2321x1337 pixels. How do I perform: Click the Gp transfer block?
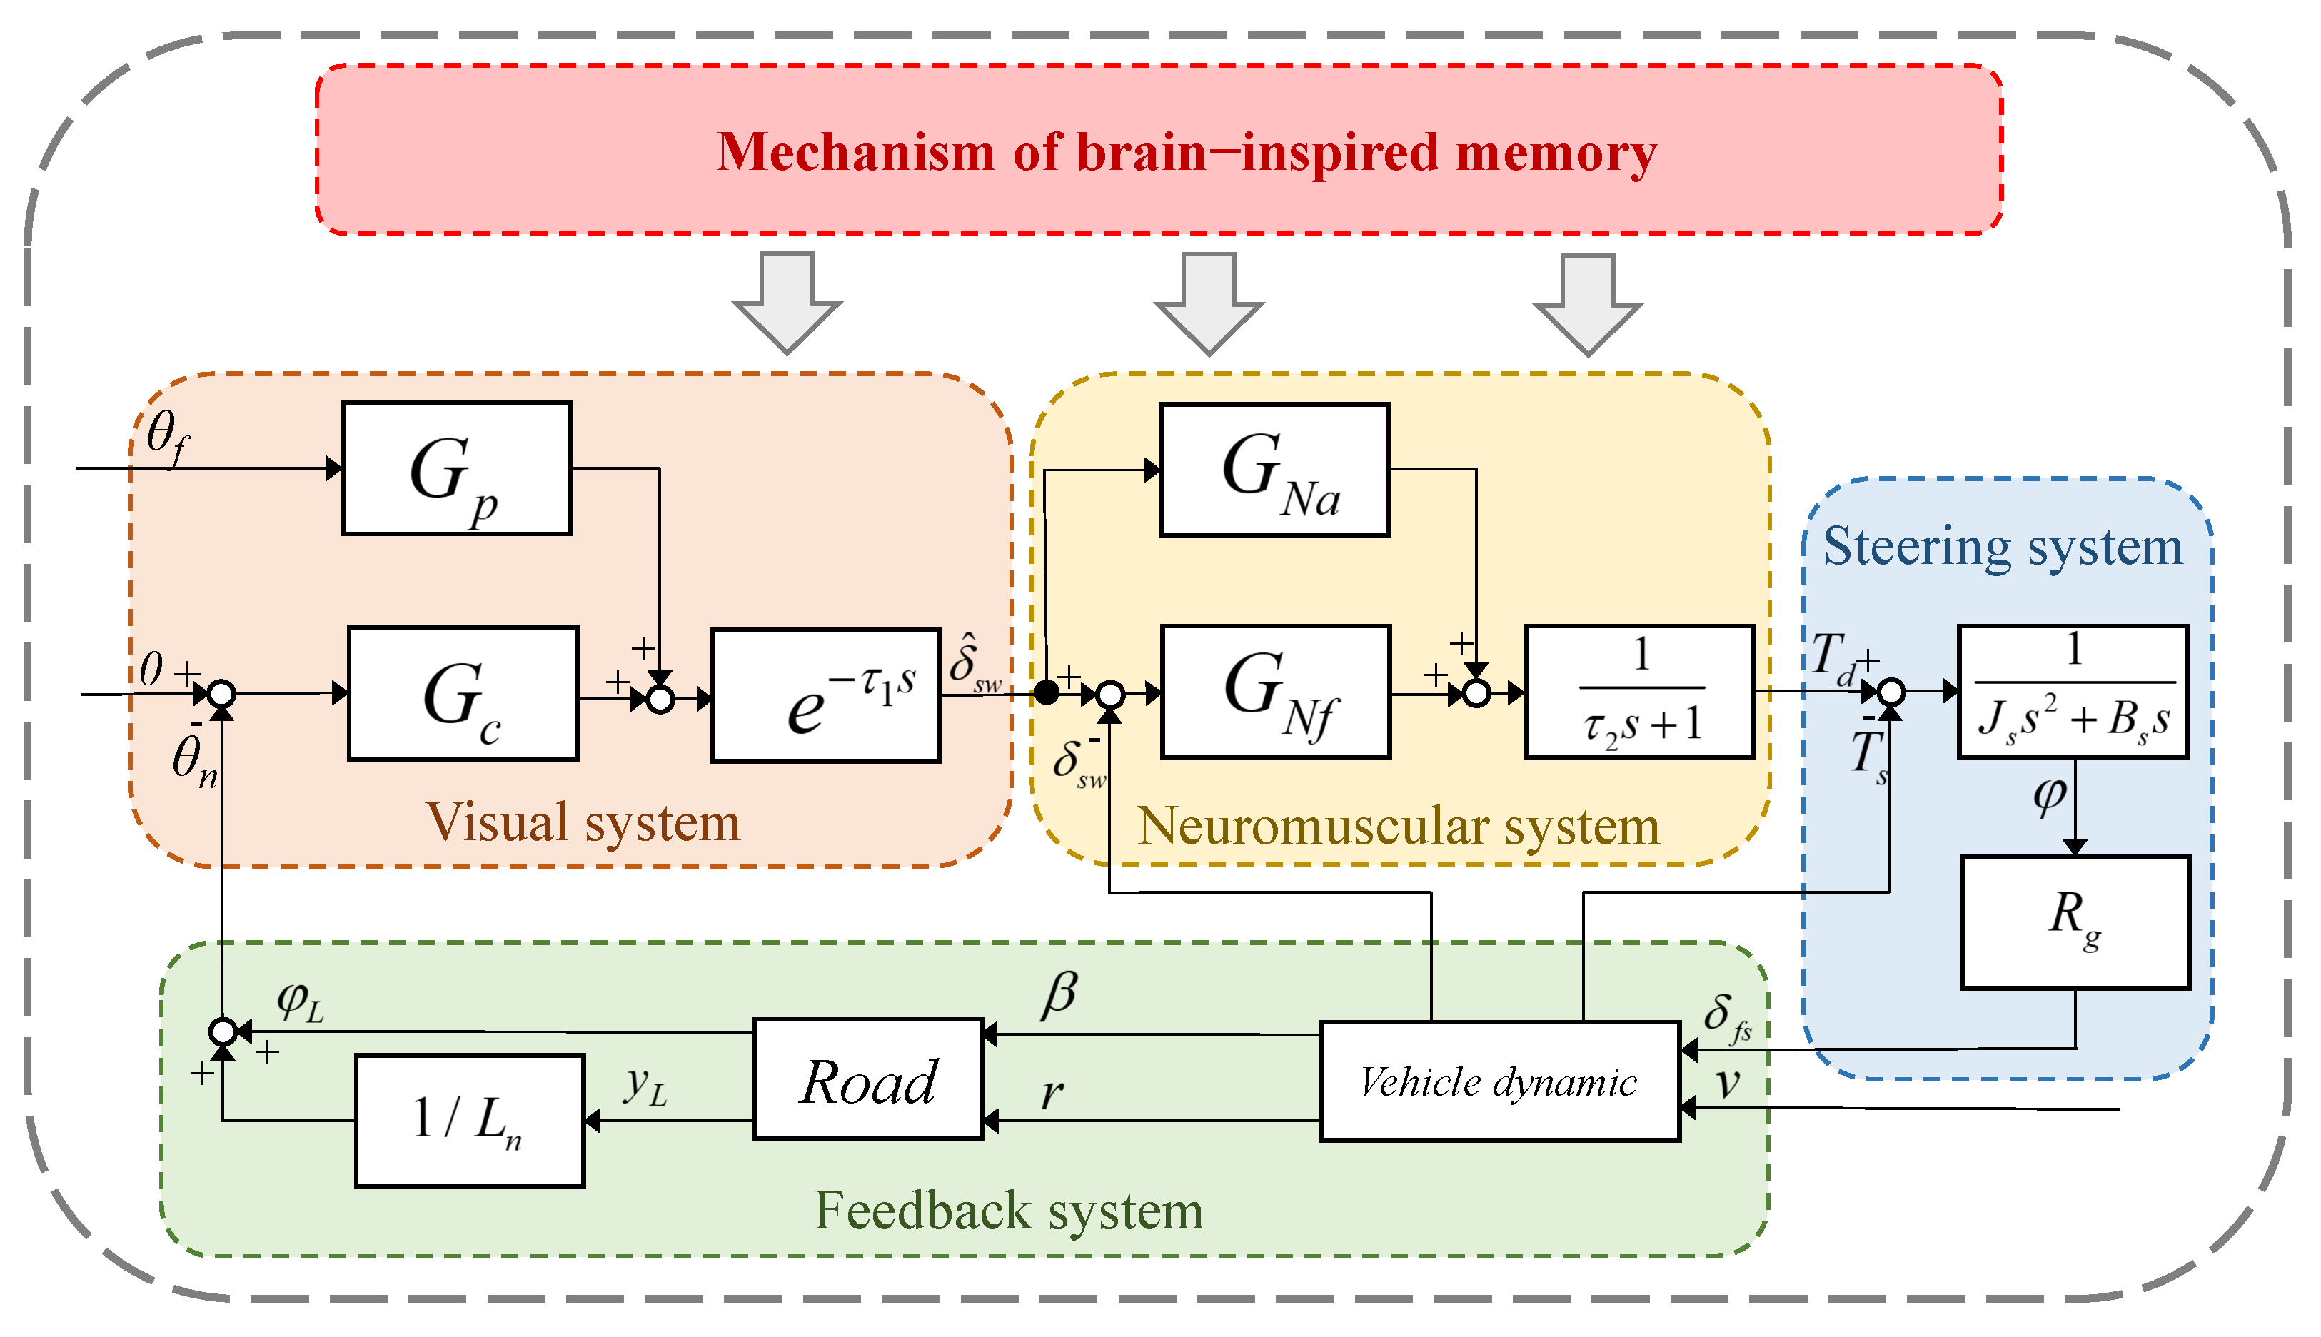tap(456, 468)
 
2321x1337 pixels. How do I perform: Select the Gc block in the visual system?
tap(463, 693)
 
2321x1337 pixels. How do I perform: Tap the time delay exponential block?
tap(825, 695)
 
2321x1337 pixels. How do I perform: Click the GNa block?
tap(1274, 469)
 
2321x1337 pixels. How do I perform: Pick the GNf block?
tap(1275, 692)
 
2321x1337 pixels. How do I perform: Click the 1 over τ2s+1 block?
tap(1639, 692)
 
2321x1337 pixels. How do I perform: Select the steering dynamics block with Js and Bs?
tap(2072, 692)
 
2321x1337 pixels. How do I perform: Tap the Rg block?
tap(2075, 923)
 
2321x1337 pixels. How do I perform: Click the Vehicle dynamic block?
tap(1499, 1081)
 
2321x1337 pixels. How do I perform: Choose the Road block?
tap(867, 1080)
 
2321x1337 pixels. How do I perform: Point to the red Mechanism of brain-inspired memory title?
tap(1187, 151)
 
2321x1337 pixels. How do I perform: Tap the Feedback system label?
tap(1008, 1210)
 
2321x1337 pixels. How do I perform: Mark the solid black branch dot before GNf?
tap(1046, 692)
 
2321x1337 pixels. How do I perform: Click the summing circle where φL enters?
tap(222, 1032)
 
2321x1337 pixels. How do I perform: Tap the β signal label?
tap(1059, 995)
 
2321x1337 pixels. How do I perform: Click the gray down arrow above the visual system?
tap(787, 303)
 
